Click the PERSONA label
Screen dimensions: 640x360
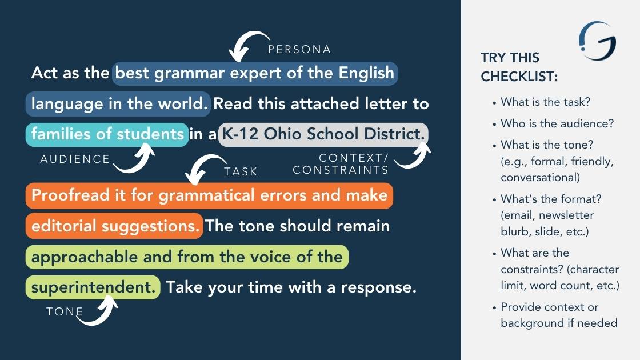pos(299,49)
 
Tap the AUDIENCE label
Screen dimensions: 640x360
pos(75,159)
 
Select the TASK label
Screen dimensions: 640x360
pos(241,171)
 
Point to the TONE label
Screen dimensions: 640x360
pos(65,311)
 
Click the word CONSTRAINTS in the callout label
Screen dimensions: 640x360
pos(341,170)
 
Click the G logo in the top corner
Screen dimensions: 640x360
pos(598,41)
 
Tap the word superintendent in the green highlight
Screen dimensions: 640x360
pos(94,287)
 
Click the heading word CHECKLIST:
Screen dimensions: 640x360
pos(519,77)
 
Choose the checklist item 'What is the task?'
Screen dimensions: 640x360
pos(545,102)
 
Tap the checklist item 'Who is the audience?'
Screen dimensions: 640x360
pos(557,123)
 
